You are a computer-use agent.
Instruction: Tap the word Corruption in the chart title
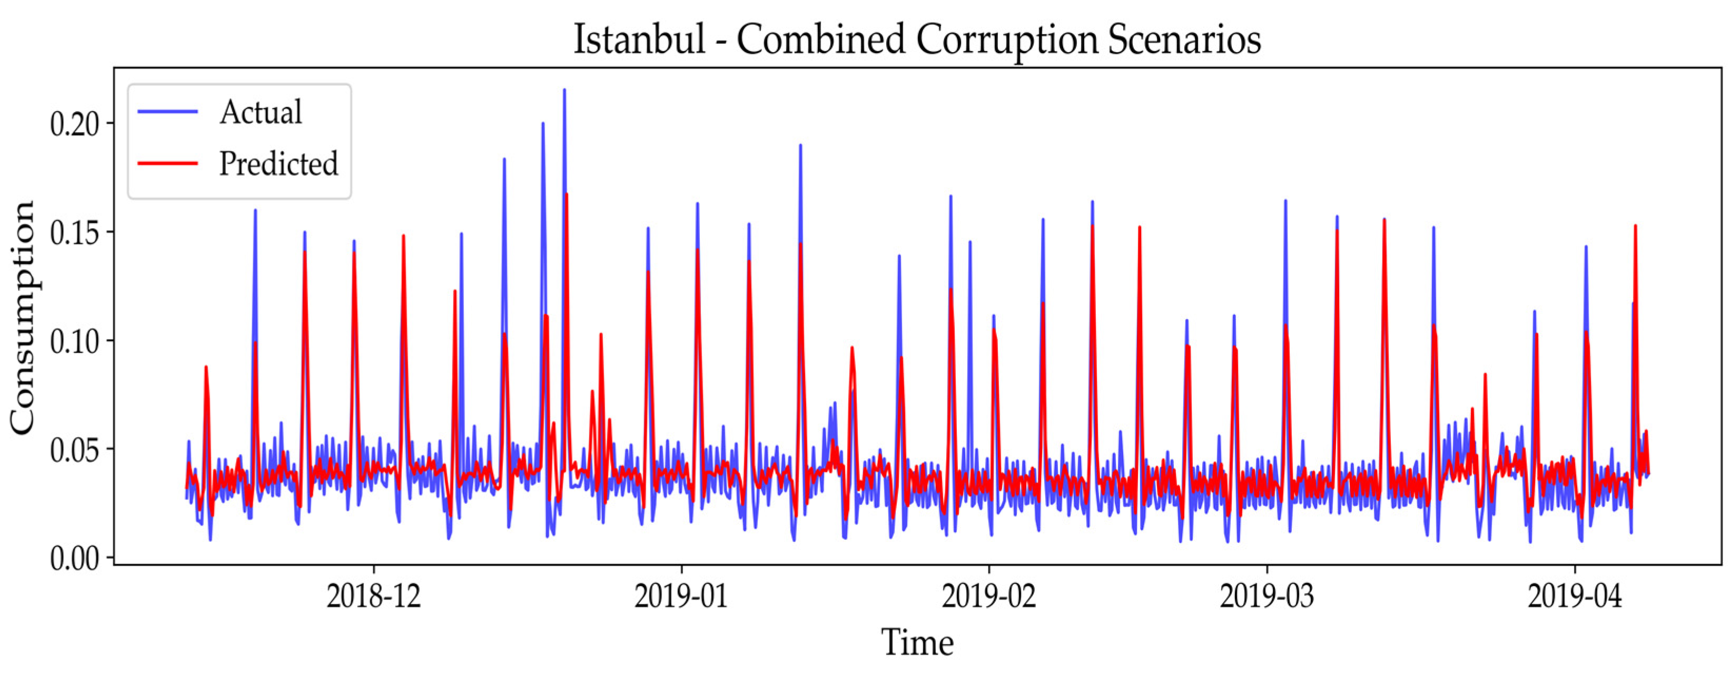click(x=1006, y=41)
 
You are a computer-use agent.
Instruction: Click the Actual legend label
click(x=261, y=112)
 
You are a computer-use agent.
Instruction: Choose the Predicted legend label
click(x=279, y=163)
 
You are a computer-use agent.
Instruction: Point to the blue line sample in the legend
click(x=168, y=112)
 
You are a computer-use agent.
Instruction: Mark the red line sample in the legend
click(x=168, y=163)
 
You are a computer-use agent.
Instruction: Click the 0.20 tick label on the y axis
click(x=73, y=124)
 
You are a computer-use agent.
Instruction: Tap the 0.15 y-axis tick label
click(x=73, y=233)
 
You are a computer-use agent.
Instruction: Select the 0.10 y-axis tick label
click(x=73, y=341)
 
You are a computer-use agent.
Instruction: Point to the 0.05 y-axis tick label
click(x=73, y=450)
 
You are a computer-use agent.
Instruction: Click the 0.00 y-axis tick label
click(x=73, y=558)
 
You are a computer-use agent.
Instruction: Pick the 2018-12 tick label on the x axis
click(x=373, y=595)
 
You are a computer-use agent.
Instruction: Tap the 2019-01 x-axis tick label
click(x=681, y=595)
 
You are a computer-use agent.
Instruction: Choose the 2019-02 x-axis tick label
click(x=988, y=595)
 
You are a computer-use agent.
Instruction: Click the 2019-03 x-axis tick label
click(x=1266, y=595)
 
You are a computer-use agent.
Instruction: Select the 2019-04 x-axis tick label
click(x=1575, y=595)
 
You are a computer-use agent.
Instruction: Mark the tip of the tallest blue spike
click(x=564, y=90)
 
